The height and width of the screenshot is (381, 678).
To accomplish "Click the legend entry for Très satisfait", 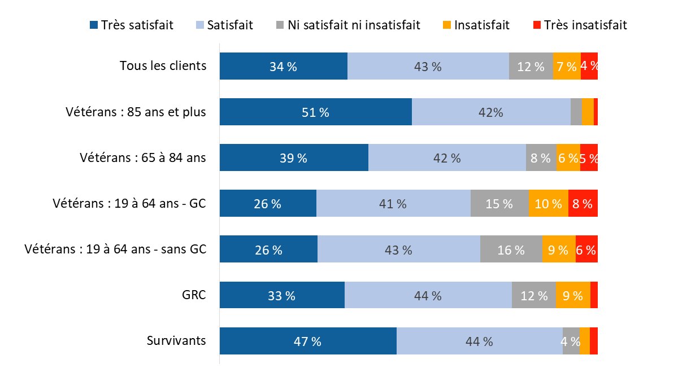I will point(132,25).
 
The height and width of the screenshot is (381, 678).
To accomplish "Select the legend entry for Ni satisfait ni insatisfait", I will point(348,25).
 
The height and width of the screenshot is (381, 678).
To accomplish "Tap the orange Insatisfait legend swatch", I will point(447,25).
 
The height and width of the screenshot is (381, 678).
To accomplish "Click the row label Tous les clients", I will point(163,65).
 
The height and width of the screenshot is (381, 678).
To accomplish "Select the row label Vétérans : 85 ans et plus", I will point(136,112).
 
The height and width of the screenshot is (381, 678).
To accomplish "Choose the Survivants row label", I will point(176,340).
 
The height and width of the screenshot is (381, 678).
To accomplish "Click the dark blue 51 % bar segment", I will point(315,112).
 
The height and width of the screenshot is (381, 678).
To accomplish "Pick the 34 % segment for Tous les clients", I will point(283,66).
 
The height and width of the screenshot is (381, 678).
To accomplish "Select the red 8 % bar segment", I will point(583,203).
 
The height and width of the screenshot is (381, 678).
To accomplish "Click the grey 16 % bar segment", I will point(511,249).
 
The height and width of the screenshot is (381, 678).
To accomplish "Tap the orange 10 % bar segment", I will point(548,203).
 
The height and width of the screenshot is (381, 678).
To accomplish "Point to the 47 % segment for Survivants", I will point(308,341).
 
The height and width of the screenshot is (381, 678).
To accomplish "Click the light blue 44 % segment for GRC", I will point(428,295).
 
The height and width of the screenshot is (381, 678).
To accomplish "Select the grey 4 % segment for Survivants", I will point(571,341).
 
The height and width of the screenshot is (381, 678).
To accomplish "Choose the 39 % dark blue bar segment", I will point(294,157).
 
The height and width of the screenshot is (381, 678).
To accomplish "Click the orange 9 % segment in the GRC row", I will point(572,295).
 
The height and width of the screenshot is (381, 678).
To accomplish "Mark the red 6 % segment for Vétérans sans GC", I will point(586,249).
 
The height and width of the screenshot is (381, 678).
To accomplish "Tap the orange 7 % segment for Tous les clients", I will point(567,66).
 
